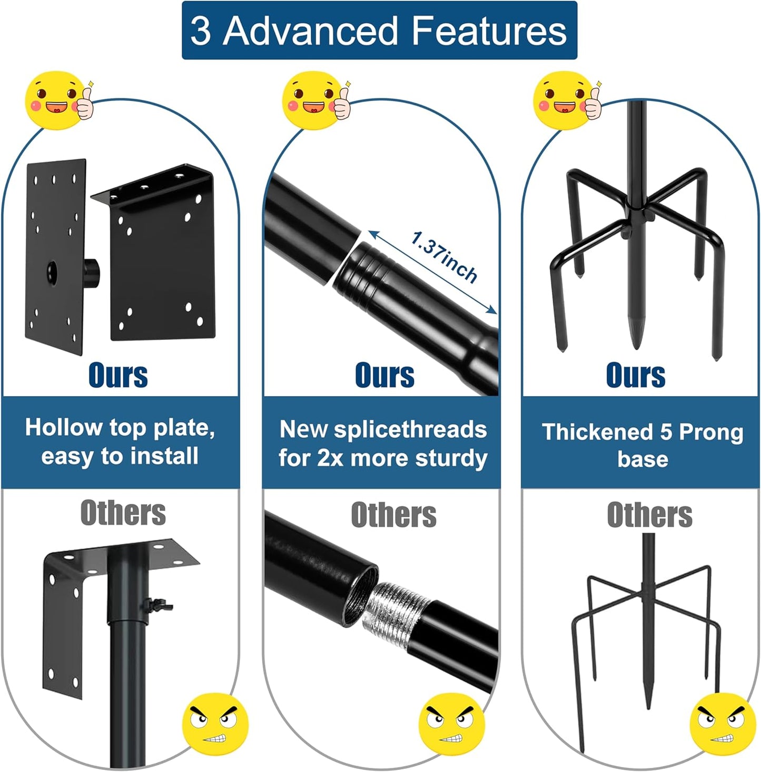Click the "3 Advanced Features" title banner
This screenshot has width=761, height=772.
[379, 31]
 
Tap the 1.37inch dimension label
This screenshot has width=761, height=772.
[443, 257]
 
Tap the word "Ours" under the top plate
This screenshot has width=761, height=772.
[118, 375]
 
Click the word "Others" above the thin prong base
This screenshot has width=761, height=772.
[649, 515]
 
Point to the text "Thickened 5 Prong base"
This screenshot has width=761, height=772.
[643, 445]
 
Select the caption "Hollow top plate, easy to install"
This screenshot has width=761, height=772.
[120, 442]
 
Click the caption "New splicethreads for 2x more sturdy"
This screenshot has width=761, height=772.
[383, 444]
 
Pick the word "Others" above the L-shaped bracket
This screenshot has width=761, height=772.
[123, 513]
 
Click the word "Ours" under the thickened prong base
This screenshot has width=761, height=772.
[636, 375]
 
